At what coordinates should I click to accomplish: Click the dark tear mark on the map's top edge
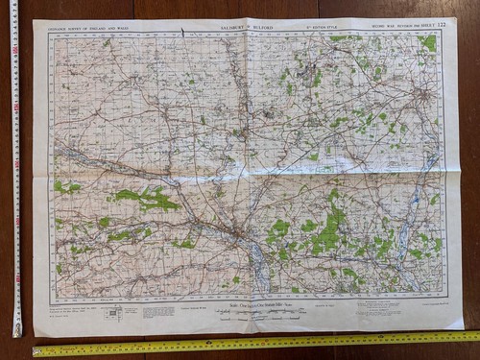[x=182, y=33]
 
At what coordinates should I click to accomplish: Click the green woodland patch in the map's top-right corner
[x=428, y=42]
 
